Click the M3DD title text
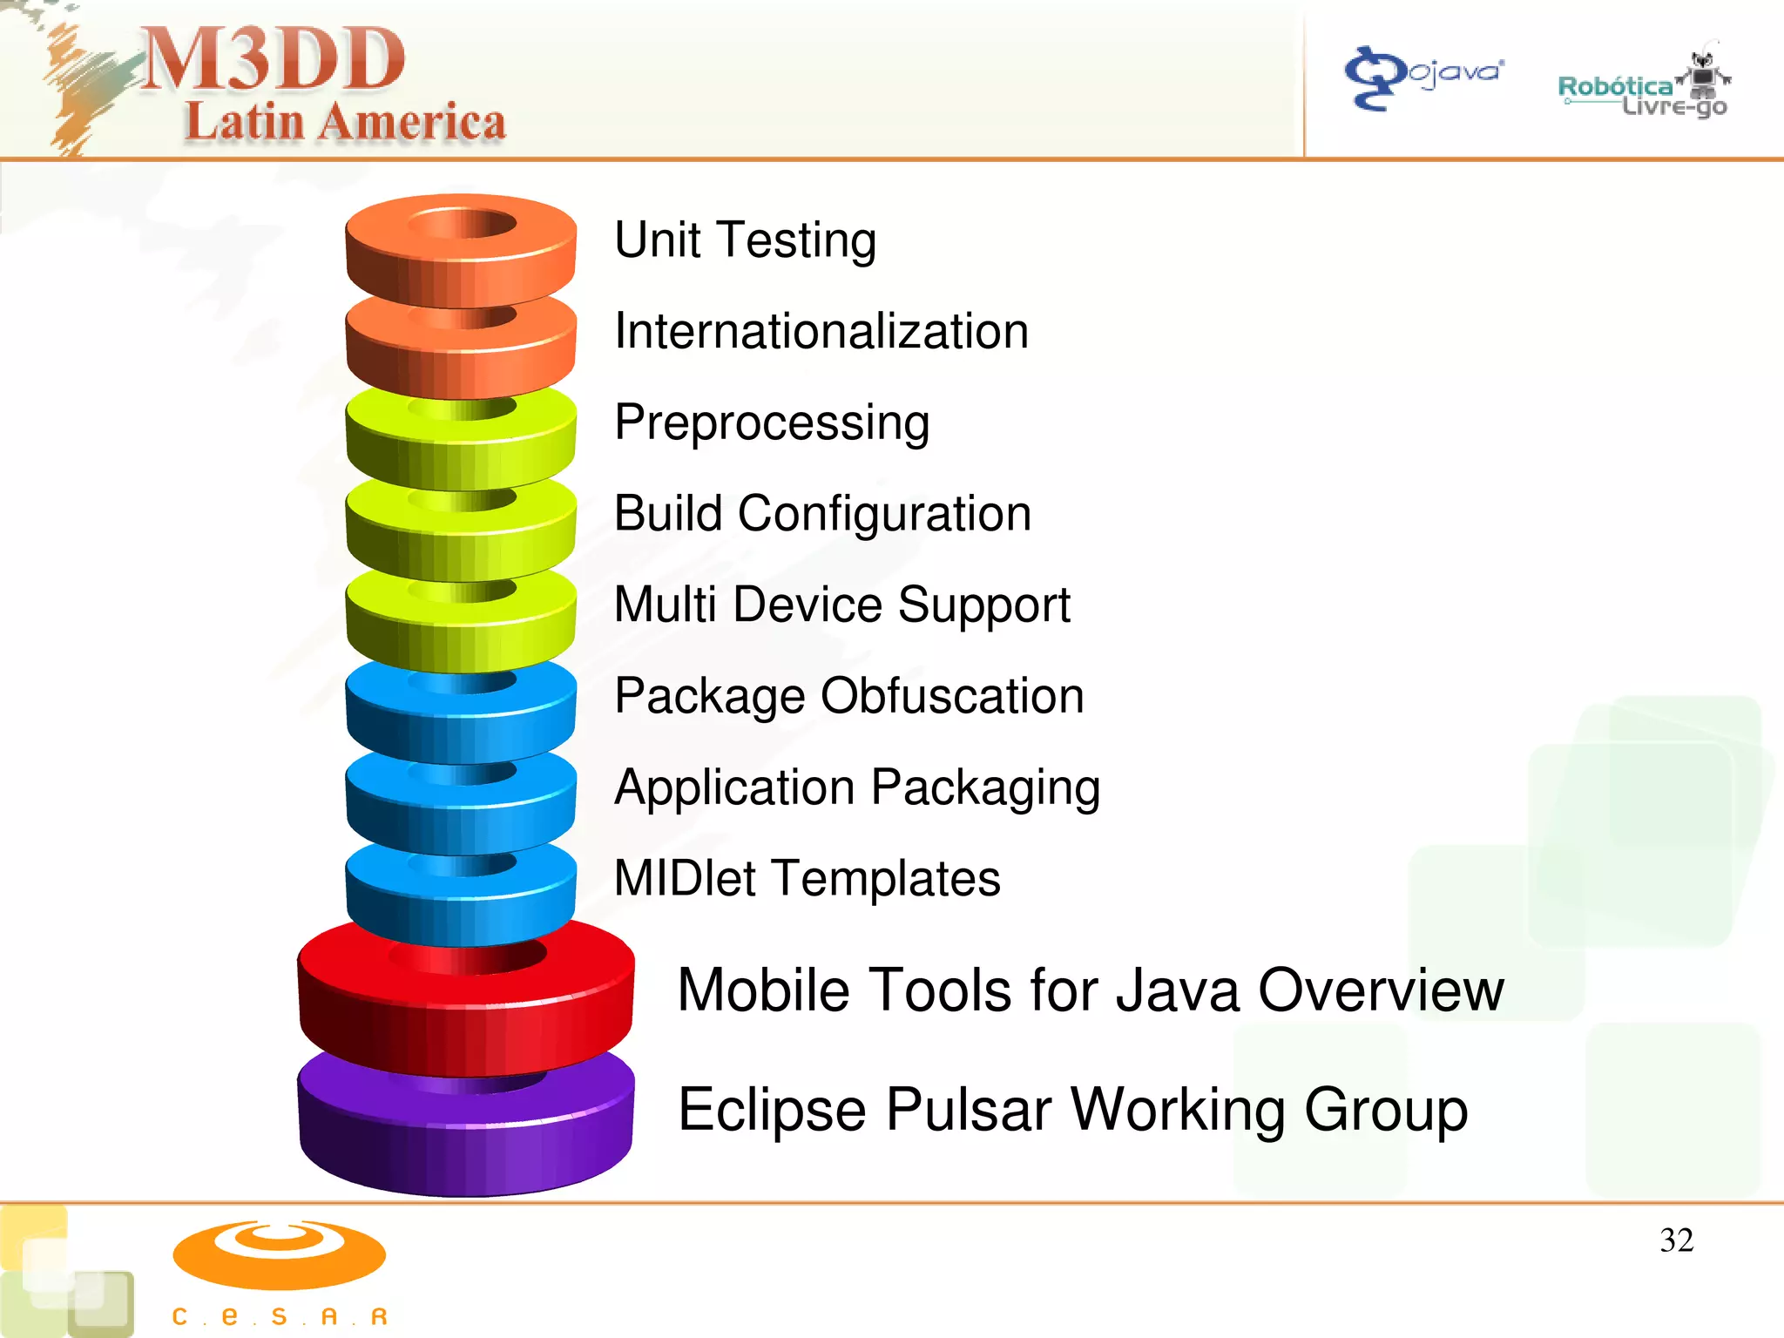pyautogui.click(x=273, y=59)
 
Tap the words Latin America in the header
pyautogui.click(x=345, y=122)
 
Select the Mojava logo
pyautogui.click(x=1423, y=77)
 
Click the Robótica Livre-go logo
pyautogui.click(x=1643, y=87)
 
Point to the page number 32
pyautogui.click(x=1676, y=1240)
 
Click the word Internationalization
pyautogui.click(x=821, y=331)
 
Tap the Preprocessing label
pyautogui.click(x=772, y=422)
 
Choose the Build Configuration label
pyautogui.click(x=822, y=513)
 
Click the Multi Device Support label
pyautogui.click(x=841, y=605)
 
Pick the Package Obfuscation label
pyautogui.click(x=848, y=696)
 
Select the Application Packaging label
pyautogui.click(x=857, y=787)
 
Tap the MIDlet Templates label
pyautogui.click(x=807, y=878)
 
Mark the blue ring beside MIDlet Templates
pyautogui.click(x=461, y=897)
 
